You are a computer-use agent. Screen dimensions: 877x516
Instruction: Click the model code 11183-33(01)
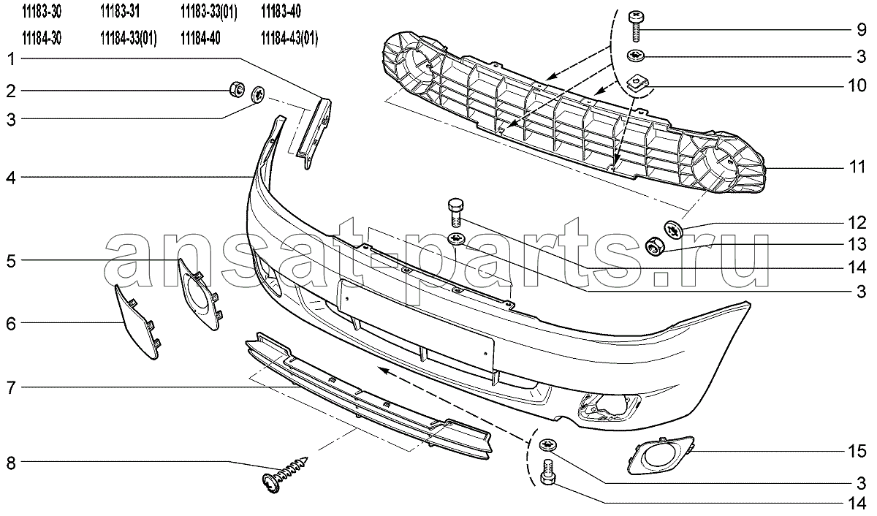(209, 12)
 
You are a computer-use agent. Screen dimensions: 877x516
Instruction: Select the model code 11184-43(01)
(289, 39)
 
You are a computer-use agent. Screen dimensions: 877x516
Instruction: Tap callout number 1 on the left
(12, 59)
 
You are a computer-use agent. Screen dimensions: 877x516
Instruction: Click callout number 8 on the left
(11, 463)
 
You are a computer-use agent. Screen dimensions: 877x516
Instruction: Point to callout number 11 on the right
(857, 167)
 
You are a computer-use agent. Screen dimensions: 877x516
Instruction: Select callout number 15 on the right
(857, 452)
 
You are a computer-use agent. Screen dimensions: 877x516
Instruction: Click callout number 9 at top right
(862, 30)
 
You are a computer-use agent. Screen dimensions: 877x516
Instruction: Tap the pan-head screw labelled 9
(637, 26)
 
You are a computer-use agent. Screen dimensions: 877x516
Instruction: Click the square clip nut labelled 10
(637, 85)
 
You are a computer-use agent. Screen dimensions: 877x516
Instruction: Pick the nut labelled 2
(237, 90)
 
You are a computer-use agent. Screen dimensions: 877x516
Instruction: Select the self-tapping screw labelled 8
(284, 474)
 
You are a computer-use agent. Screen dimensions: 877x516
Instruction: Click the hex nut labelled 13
(653, 246)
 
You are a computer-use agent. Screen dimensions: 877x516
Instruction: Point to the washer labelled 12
(673, 229)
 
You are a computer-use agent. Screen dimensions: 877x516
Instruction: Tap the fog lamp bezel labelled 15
(661, 455)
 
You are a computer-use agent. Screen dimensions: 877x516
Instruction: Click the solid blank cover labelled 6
(137, 322)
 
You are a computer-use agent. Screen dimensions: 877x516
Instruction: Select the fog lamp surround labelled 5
(199, 294)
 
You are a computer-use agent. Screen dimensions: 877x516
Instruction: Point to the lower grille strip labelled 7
(368, 395)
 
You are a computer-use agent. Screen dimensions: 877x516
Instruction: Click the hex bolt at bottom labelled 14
(547, 471)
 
